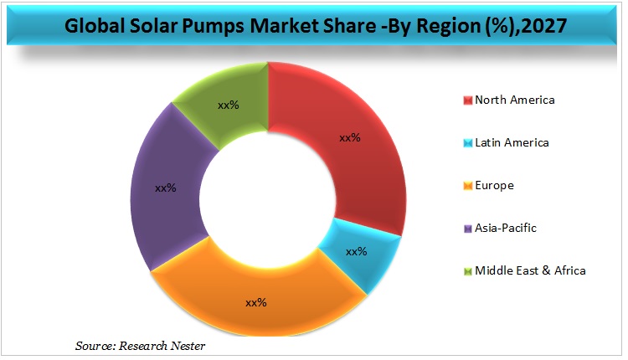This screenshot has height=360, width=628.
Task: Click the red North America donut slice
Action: (x=368, y=167)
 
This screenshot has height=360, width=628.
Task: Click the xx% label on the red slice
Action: (x=349, y=137)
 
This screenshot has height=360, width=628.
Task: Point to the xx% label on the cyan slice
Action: (x=357, y=251)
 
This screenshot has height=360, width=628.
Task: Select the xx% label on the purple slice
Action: (x=166, y=188)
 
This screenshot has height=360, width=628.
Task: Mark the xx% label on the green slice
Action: (x=229, y=105)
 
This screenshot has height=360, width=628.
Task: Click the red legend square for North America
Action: (x=467, y=100)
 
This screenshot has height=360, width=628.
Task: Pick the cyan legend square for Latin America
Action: (x=467, y=143)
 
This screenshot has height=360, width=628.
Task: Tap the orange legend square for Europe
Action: (x=467, y=186)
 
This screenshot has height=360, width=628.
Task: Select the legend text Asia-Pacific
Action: (x=506, y=228)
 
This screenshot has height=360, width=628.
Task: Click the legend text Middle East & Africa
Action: (x=530, y=270)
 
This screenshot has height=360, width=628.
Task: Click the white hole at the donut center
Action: (x=267, y=200)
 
